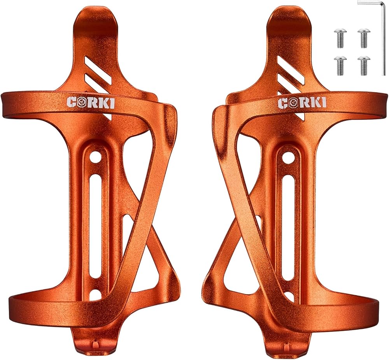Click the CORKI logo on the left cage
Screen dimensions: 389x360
91,102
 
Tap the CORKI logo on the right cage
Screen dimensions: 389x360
302,102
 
